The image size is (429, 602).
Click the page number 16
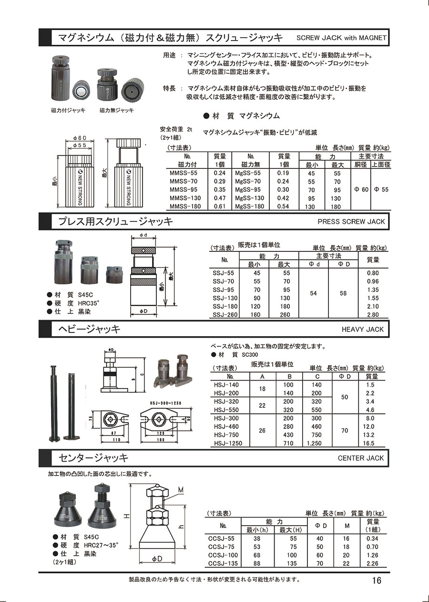[x=377, y=580]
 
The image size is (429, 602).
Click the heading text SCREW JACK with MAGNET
[x=341, y=38]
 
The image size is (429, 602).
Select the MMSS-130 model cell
[x=185, y=198]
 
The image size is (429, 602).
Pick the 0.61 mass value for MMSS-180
[x=219, y=207]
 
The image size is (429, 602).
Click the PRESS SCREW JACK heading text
[x=351, y=222]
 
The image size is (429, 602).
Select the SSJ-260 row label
[x=225, y=314]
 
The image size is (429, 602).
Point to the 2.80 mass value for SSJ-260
[x=373, y=314]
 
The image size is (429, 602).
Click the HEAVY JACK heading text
[x=363, y=329]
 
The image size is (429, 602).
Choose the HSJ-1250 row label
[x=228, y=443]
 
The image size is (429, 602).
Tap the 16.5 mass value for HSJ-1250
[x=368, y=443]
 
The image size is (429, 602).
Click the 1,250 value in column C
[x=314, y=443]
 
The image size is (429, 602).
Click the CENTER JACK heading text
[x=361, y=458]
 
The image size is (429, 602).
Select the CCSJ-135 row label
[x=223, y=563]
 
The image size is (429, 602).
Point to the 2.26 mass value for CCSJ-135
[x=372, y=563]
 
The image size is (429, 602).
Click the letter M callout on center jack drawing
[x=181, y=490]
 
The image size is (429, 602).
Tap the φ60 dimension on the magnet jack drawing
[x=80, y=138]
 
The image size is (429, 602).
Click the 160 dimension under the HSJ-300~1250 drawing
[x=160, y=440]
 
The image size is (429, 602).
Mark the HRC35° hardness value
[x=88, y=303]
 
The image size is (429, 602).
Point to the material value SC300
[x=250, y=355]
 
